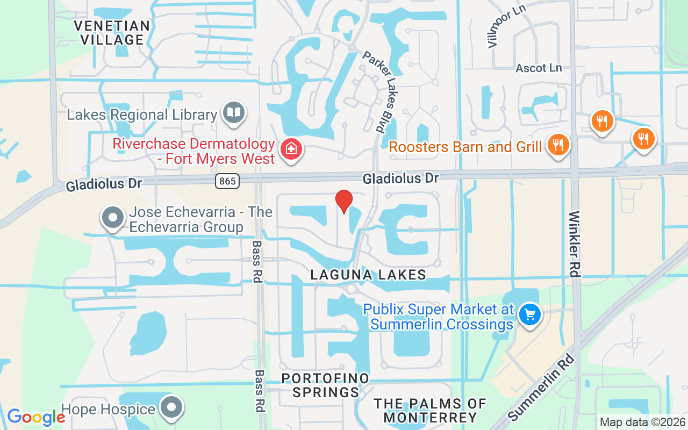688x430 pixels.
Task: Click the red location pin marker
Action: coord(343,202)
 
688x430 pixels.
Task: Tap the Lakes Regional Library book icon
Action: coord(234,113)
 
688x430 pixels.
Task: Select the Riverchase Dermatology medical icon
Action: coord(291,149)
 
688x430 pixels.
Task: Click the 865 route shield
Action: coord(227,181)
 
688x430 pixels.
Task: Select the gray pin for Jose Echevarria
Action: coord(113,218)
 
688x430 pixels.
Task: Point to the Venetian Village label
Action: coord(112,32)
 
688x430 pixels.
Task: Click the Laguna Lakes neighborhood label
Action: coord(368,275)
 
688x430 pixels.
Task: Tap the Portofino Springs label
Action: coord(326,385)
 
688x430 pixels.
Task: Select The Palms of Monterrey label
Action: coord(430,410)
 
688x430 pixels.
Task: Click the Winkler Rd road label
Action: coord(575,244)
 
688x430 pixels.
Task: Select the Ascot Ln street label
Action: coord(539,68)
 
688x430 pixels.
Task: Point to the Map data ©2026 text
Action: coord(642,422)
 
